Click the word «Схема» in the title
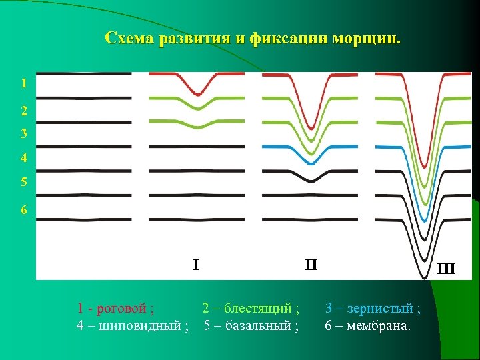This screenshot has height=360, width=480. (128, 38)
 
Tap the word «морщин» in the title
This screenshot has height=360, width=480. (372, 38)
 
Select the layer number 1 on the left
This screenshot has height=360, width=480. (24, 84)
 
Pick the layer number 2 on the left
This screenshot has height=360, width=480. (24, 111)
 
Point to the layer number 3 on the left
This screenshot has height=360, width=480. (24, 133)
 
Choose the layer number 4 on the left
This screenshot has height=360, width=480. (24, 159)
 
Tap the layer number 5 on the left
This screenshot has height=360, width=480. (24, 181)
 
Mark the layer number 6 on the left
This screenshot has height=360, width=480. (24, 210)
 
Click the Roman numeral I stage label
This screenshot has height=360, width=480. (195, 265)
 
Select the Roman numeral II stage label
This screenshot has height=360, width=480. (311, 265)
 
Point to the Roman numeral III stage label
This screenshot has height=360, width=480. (445, 269)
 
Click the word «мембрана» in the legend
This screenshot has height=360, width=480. (376, 326)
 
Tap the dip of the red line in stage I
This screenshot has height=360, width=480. (197, 93)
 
